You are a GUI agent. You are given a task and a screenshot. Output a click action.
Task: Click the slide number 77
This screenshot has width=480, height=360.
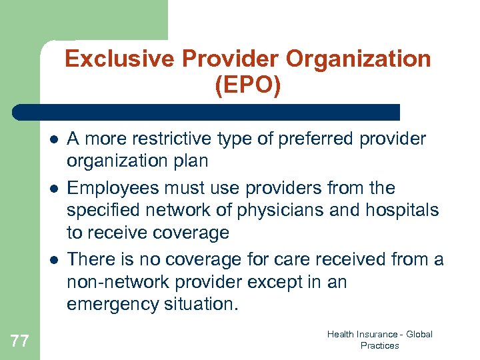tap(20, 341)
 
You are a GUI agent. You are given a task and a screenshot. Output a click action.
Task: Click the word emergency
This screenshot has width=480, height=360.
tap(117, 304)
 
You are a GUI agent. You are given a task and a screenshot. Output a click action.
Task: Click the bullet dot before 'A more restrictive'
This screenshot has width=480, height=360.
tap(52, 139)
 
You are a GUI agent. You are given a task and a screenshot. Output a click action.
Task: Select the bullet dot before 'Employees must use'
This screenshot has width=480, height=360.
tap(52, 189)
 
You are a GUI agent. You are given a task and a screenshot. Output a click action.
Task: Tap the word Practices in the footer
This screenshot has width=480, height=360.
tap(379, 346)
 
